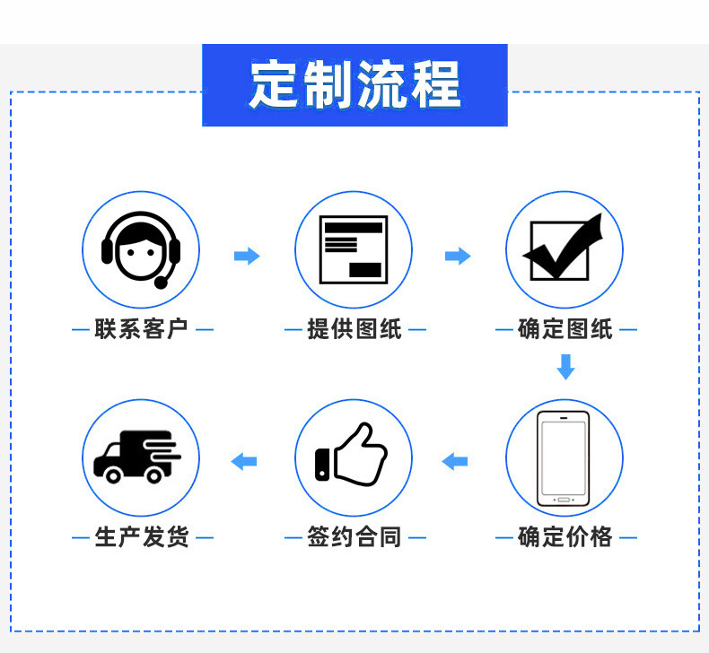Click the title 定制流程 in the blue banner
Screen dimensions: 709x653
pos(355,84)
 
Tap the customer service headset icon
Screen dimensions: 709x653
pos(141,250)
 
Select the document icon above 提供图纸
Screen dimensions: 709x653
pos(354,250)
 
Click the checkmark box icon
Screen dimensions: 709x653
pos(563,248)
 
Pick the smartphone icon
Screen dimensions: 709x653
pos(564,458)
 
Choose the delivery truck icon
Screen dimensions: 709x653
pos(137,457)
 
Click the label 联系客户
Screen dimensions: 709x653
pos(141,329)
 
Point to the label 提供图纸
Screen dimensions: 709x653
pos(354,329)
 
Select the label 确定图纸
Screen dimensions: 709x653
pos(565,329)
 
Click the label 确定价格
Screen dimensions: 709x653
pos(565,537)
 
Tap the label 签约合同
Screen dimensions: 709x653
pos(354,537)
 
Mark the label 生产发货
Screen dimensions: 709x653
pos(142,537)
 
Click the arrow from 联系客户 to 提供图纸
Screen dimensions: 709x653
pos(247,256)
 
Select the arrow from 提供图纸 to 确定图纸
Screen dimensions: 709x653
pos(458,256)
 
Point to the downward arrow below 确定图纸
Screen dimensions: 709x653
pos(565,367)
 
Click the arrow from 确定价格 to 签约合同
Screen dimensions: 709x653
pos(454,461)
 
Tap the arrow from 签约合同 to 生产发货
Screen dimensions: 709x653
pos(244,461)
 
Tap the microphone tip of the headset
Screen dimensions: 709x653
pos(161,283)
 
